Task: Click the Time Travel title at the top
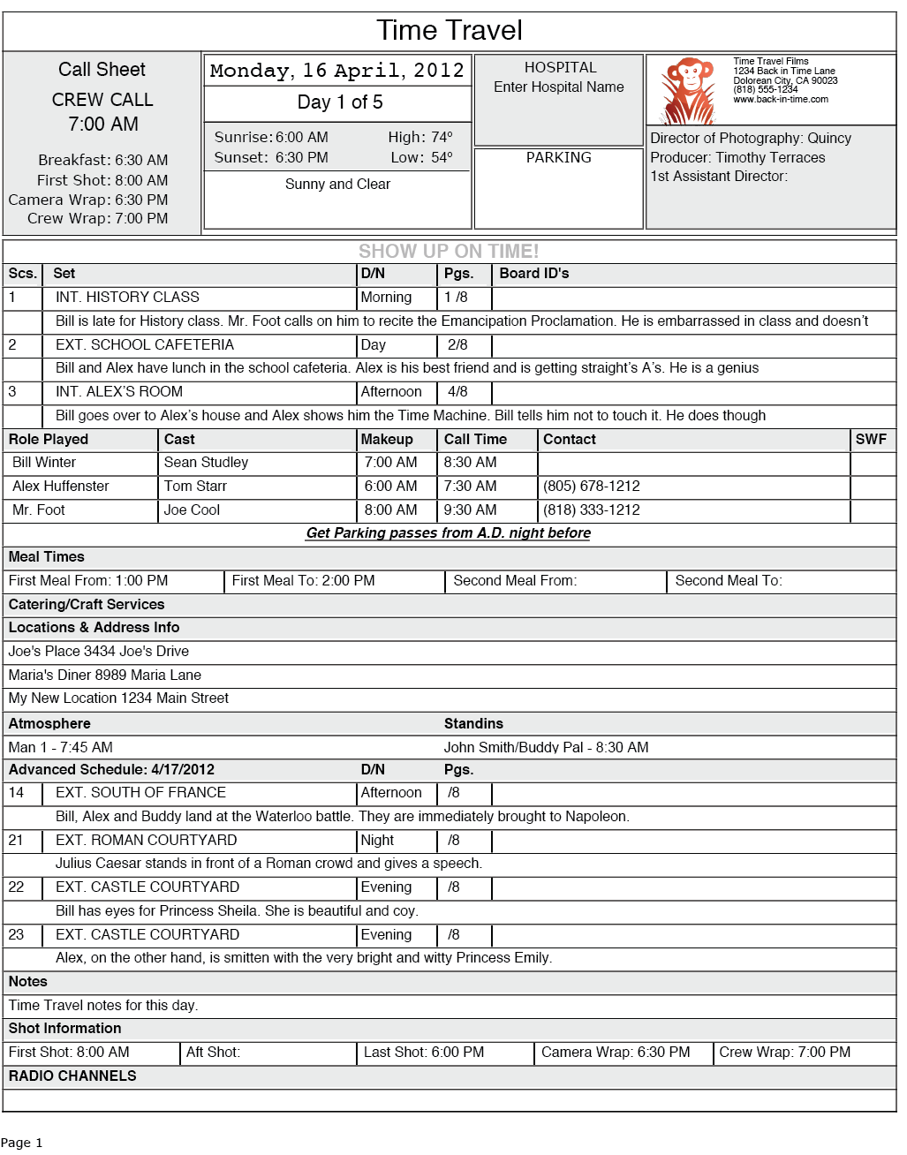pos(449,31)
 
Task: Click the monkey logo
pos(689,91)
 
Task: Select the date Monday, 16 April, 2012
pos(336,71)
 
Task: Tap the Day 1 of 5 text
pos(339,102)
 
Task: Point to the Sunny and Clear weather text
pos(337,185)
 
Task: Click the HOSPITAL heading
pos(560,68)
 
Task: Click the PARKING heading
pos(558,158)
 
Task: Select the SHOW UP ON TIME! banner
pos(449,252)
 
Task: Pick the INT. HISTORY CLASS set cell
pos(127,298)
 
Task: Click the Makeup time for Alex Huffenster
pos(390,487)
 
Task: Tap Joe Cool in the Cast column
pos(192,510)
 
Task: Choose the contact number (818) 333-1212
pos(591,510)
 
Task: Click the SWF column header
pos(870,440)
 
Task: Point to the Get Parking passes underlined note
pos(448,533)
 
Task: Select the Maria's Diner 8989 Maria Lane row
pos(105,676)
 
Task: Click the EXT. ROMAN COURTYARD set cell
pos(146,841)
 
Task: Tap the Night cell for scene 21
pos(377,841)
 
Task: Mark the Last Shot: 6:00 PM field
pos(424,1053)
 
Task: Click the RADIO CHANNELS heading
pos(72,1076)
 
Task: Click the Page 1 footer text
pos(21,1143)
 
